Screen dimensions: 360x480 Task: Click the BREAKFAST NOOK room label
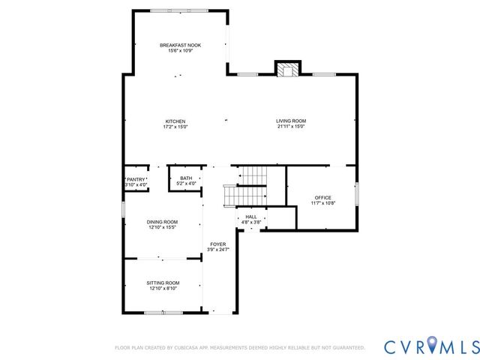180,46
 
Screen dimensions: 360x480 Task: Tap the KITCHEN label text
175,121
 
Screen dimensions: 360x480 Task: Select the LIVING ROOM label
291,121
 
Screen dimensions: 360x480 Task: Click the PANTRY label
136,179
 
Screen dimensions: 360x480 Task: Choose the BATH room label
185,178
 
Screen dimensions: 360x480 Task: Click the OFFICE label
322,198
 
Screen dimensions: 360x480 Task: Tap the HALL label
251,217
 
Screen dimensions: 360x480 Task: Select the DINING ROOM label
162,222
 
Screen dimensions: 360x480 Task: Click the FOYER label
218,244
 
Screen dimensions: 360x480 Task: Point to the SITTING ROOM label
163,283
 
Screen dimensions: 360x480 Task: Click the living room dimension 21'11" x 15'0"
291,127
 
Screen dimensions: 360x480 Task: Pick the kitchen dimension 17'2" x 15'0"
175,127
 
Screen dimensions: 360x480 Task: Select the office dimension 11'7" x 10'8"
322,203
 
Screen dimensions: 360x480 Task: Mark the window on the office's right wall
357,193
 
